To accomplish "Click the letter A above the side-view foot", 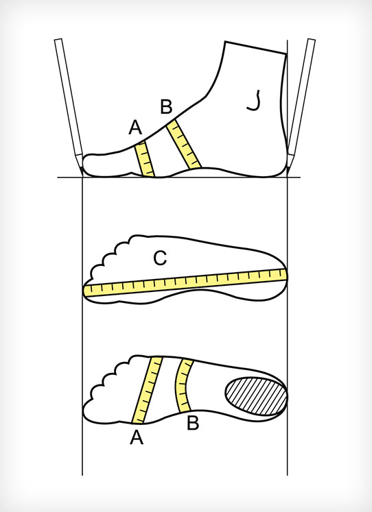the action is (135, 127).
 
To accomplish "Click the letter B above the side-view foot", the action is (166, 107).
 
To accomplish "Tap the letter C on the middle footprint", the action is (160, 258).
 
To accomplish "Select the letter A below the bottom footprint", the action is (137, 437).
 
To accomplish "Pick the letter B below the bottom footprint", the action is (193, 423).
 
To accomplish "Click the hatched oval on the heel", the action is (256, 396).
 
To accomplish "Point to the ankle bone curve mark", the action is (255, 101).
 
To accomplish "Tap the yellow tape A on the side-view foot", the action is (145, 160).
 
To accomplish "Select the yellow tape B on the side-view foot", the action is (183, 145).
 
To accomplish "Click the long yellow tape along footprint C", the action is (185, 282).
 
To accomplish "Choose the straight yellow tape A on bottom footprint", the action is (147, 390).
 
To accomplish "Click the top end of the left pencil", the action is (58, 40).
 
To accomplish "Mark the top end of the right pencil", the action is (312, 40).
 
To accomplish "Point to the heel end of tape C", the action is (285, 274).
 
